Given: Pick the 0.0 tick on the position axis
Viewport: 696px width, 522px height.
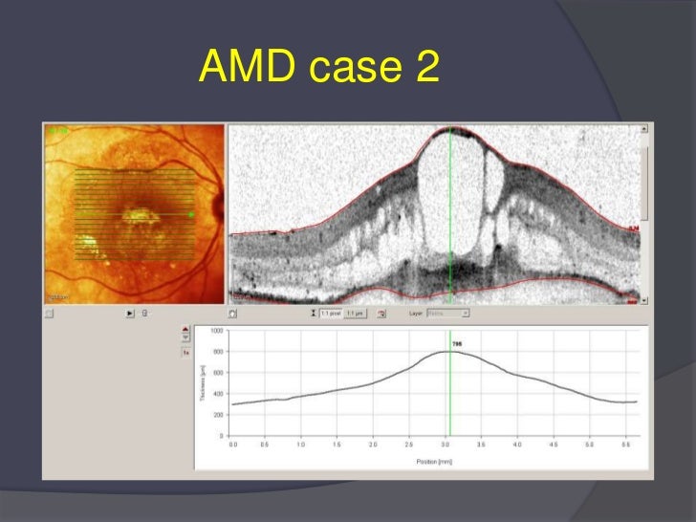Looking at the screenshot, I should pyautogui.click(x=232, y=446).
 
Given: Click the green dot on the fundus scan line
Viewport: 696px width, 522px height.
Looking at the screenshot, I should pyautogui.click(x=191, y=215).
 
